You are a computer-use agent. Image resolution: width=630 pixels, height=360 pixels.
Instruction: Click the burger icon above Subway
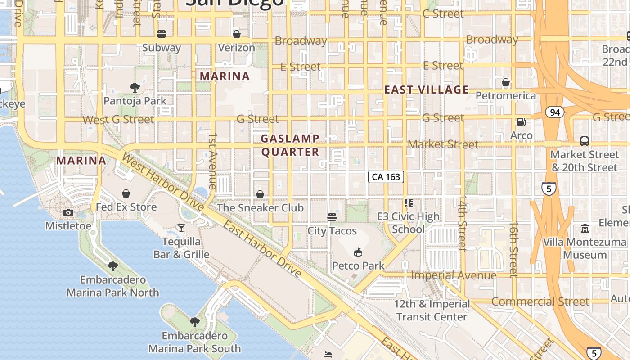click(x=162, y=34)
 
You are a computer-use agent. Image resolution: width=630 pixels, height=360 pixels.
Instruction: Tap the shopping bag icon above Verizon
click(x=236, y=34)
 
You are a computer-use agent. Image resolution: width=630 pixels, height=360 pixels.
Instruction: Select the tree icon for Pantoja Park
click(x=135, y=87)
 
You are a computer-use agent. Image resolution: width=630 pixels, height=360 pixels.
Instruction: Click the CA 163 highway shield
click(x=386, y=177)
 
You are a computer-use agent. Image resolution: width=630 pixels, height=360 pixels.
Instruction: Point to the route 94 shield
click(x=555, y=112)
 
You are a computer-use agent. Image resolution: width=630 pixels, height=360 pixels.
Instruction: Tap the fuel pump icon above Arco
click(x=521, y=121)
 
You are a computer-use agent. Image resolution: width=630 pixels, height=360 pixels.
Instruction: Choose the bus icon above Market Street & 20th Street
click(x=584, y=141)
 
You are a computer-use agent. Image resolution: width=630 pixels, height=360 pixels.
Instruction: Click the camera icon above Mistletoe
click(x=68, y=212)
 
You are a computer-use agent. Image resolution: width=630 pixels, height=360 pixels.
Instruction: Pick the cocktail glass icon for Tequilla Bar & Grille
click(x=181, y=228)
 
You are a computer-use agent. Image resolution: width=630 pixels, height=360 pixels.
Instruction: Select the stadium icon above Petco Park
click(x=358, y=252)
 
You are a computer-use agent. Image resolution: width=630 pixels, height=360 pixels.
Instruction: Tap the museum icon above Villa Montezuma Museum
click(x=585, y=229)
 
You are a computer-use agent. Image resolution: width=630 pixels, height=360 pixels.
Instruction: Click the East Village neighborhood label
click(x=426, y=90)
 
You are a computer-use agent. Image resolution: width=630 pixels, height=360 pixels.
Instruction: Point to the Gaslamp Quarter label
click(x=290, y=145)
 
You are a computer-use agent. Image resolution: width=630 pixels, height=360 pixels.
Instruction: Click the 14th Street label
click(x=462, y=223)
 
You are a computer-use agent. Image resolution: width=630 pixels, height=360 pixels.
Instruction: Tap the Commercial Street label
click(x=540, y=301)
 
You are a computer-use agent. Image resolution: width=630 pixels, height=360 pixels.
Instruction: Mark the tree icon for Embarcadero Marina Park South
click(x=195, y=322)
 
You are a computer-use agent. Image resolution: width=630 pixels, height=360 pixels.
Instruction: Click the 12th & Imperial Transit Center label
click(x=432, y=310)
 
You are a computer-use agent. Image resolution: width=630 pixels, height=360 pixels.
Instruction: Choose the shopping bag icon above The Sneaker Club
click(x=260, y=194)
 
